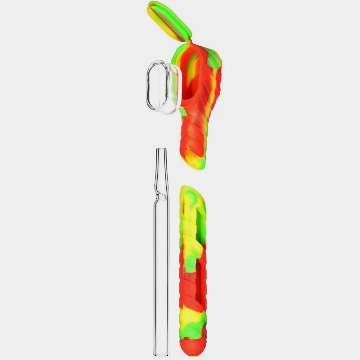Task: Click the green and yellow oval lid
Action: pos(169,20)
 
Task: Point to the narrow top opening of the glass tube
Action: pos(161,150)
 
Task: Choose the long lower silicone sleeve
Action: pos(193,270)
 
